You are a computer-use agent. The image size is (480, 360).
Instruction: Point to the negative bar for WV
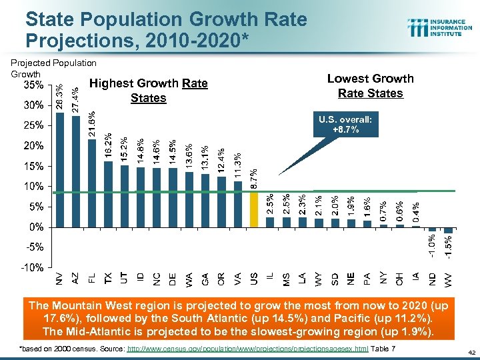pos(449,229)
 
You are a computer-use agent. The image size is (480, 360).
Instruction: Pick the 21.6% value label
pos(92,125)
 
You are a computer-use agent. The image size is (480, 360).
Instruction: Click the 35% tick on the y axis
pos(34,85)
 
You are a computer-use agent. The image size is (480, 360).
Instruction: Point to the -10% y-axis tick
pos(33,267)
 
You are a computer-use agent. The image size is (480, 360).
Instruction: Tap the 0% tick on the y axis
pos(37,227)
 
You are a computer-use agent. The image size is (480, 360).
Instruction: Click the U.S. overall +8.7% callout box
pos(345,125)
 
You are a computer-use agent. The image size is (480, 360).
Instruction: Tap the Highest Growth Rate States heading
pos(148,91)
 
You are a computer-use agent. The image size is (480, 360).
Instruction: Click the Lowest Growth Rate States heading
pos(370,85)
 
